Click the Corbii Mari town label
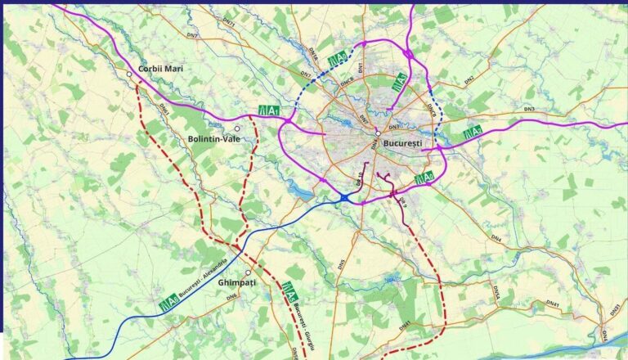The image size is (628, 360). pyautogui.click(x=160, y=69)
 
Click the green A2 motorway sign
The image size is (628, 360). pyautogui.click(x=473, y=133)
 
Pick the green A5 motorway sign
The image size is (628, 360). pyautogui.click(x=289, y=289)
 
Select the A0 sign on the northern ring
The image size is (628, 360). pyautogui.click(x=337, y=60)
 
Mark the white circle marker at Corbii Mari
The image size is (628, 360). pyautogui.click(x=129, y=74)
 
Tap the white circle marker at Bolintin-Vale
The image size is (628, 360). pyautogui.click(x=237, y=128)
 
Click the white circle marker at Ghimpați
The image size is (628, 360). pyautogui.click(x=248, y=273)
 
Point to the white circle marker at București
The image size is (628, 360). pyautogui.click(x=378, y=134)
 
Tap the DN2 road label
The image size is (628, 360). pyautogui.click(x=469, y=80)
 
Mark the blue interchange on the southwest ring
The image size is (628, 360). pyautogui.click(x=344, y=198)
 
